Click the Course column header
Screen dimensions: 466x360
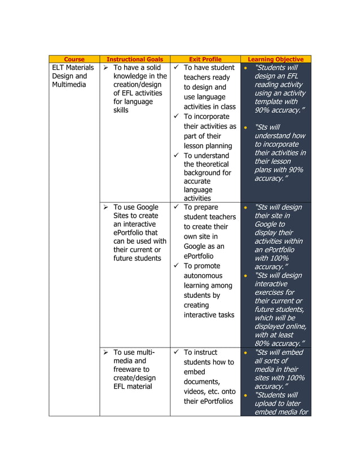coord(74,59)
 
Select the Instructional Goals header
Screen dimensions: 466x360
coord(134,59)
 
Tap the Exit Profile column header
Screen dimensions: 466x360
coord(205,59)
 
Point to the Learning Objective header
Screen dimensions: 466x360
coord(276,59)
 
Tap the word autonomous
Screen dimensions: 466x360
coord(203,276)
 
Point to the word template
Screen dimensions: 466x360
coord(269,102)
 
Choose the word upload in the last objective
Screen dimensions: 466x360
coord(269,403)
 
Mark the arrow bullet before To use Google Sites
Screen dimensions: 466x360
coord(106,208)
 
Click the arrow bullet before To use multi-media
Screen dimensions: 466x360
coord(106,353)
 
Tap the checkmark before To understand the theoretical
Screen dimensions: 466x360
coord(177,155)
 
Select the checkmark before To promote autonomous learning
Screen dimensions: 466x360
coord(177,266)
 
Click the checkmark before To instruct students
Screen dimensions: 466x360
coord(177,353)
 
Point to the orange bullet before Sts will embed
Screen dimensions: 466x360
coord(245,353)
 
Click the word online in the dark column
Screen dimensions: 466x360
coord(295,326)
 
